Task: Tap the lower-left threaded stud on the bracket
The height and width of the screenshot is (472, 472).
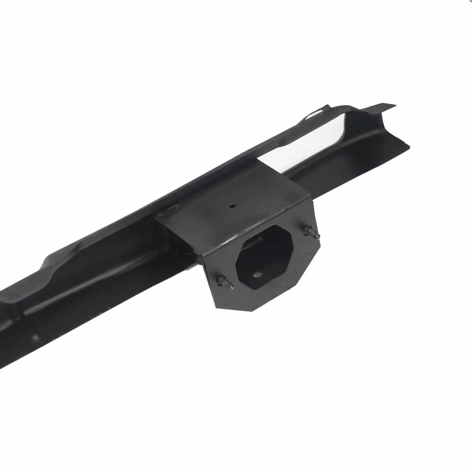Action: click(x=225, y=282)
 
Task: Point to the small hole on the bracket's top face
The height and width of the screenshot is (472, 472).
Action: click(x=233, y=206)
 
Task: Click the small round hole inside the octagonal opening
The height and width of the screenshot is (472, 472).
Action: click(x=258, y=275)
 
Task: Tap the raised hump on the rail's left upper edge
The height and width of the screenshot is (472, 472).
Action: click(x=61, y=258)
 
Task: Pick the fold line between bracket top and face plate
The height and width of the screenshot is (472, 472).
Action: click(x=258, y=227)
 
